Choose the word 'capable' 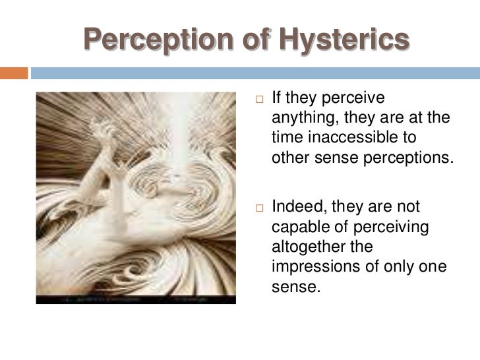295,227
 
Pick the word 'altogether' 303,247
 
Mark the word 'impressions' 309,267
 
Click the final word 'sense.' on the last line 291,287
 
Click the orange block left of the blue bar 14,72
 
